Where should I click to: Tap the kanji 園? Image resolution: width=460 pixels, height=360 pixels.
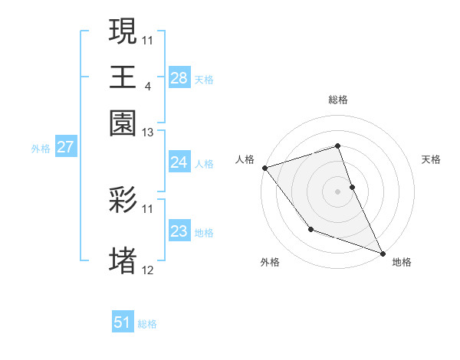[x=123, y=123]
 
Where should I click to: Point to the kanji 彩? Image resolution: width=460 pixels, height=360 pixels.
[x=123, y=201]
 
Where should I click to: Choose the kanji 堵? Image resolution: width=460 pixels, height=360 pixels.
[x=123, y=260]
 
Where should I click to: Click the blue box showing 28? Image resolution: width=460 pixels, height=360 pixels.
[x=179, y=78]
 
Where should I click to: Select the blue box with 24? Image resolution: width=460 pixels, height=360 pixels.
[x=179, y=162]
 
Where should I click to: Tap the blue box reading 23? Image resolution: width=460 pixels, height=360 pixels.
[x=179, y=231]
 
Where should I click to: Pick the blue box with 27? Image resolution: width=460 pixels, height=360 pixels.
[x=65, y=147]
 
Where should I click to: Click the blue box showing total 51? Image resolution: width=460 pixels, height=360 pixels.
[x=123, y=322]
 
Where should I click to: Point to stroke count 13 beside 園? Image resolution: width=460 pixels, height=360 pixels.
[x=148, y=133]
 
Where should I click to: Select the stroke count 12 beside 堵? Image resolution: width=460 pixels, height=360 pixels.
[x=148, y=270]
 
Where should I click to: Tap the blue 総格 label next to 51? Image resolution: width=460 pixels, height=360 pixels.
[x=147, y=324]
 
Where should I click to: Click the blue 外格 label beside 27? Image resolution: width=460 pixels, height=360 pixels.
[x=40, y=149]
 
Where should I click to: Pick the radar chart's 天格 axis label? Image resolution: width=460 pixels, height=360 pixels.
[x=431, y=159]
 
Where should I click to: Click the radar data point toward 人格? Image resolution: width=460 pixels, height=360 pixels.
[x=264, y=168]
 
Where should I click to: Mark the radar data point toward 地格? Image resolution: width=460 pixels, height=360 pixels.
[x=382, y=253]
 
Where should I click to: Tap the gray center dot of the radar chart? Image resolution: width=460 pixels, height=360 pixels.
[x=337, y=191]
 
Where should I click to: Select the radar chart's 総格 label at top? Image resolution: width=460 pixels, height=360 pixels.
[x=337, y=100]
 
